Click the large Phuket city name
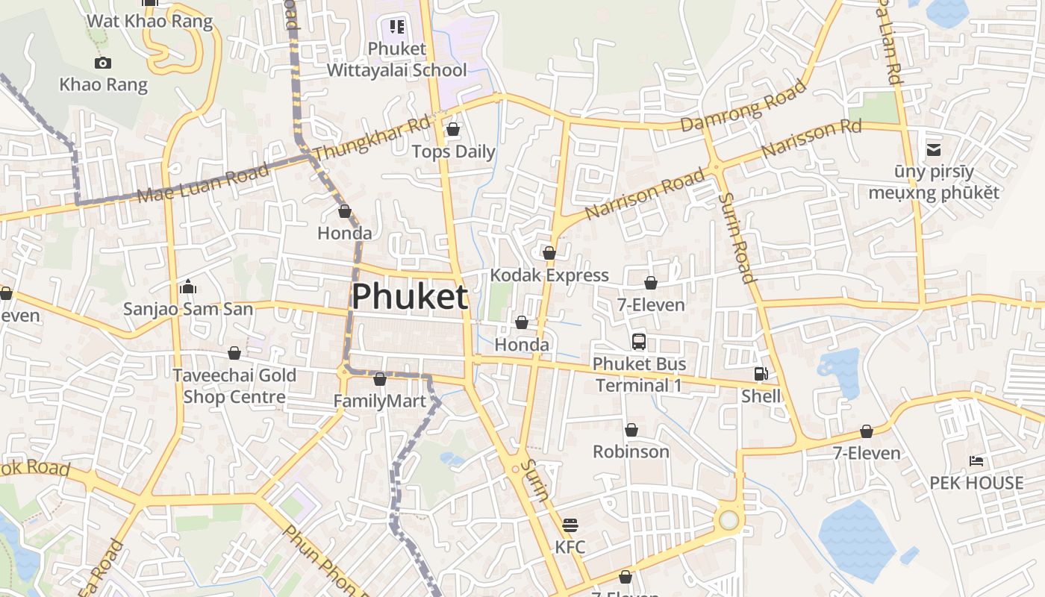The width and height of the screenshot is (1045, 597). pos(410,297)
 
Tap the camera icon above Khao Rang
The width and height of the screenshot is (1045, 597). pos(103,63)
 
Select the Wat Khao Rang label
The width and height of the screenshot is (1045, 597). pos(150,20)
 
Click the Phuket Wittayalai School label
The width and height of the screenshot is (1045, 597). pos(397,60)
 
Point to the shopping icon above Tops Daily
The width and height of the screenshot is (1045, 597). pos(452,130)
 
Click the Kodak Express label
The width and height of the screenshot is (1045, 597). pos(549,275)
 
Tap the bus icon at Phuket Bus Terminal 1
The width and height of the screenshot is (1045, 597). pos(639,342)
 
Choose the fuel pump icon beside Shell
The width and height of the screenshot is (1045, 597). pos(761,374)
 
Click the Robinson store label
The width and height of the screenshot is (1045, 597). pos(631,451)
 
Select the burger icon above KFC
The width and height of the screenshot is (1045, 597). pos(570,525)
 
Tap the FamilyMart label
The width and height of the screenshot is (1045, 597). pos(379,401)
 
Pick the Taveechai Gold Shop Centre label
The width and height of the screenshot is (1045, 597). pos(234,386)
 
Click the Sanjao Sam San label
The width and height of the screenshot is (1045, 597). pos(188,309)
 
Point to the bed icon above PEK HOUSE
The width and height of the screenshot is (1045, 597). pos(976,460)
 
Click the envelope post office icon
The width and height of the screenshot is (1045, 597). pos(934,150)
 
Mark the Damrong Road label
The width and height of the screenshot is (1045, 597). pos(744,106)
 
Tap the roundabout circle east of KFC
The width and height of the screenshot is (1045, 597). pos(729,520)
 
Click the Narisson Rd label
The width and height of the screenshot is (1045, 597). pos(811,139)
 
